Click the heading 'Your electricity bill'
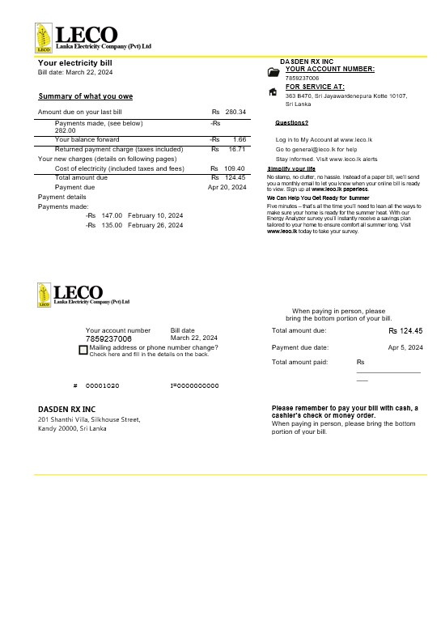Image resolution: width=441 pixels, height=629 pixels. click(x=75, y=63)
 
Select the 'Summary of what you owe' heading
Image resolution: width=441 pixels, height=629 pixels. click(x=86, y=96)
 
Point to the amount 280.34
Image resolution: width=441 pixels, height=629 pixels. click(x=235, y=112)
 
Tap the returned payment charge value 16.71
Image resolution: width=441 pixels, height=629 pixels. click(x=236, y=150)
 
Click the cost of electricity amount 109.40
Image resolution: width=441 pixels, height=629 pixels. click(x=235, y=168)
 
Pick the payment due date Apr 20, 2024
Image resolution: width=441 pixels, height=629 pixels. click(x=227, y=187)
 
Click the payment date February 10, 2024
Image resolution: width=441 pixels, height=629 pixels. click(x=155, y=215)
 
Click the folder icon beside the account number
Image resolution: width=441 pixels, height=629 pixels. click(x=273, y=73)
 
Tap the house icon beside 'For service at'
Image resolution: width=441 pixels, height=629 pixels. click(x=273, y=91)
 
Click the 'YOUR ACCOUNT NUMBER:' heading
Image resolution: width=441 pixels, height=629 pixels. click(x=329, y=70)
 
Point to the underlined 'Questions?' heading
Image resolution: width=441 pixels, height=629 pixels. click(x=291, y=122)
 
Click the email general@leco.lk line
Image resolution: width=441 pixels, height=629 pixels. click(x=316, y=150)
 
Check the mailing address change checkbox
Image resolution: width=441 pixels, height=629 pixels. click(x=83, y=350)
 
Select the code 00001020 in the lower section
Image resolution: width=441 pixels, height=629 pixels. click(x=102, y=386)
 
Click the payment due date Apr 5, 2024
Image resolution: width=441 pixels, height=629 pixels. click(x=405, y=347)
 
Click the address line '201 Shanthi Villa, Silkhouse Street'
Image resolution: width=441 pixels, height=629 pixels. click(x=89, y=419)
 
